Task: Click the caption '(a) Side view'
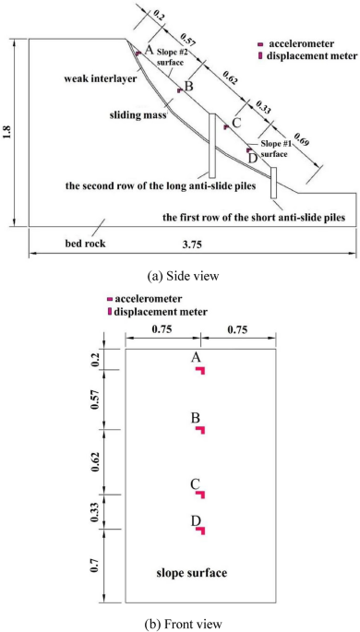point(178,272)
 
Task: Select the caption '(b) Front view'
point(178,622)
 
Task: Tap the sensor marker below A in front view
point(200,371)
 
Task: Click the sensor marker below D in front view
point(200,531)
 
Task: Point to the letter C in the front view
point(195,483)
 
